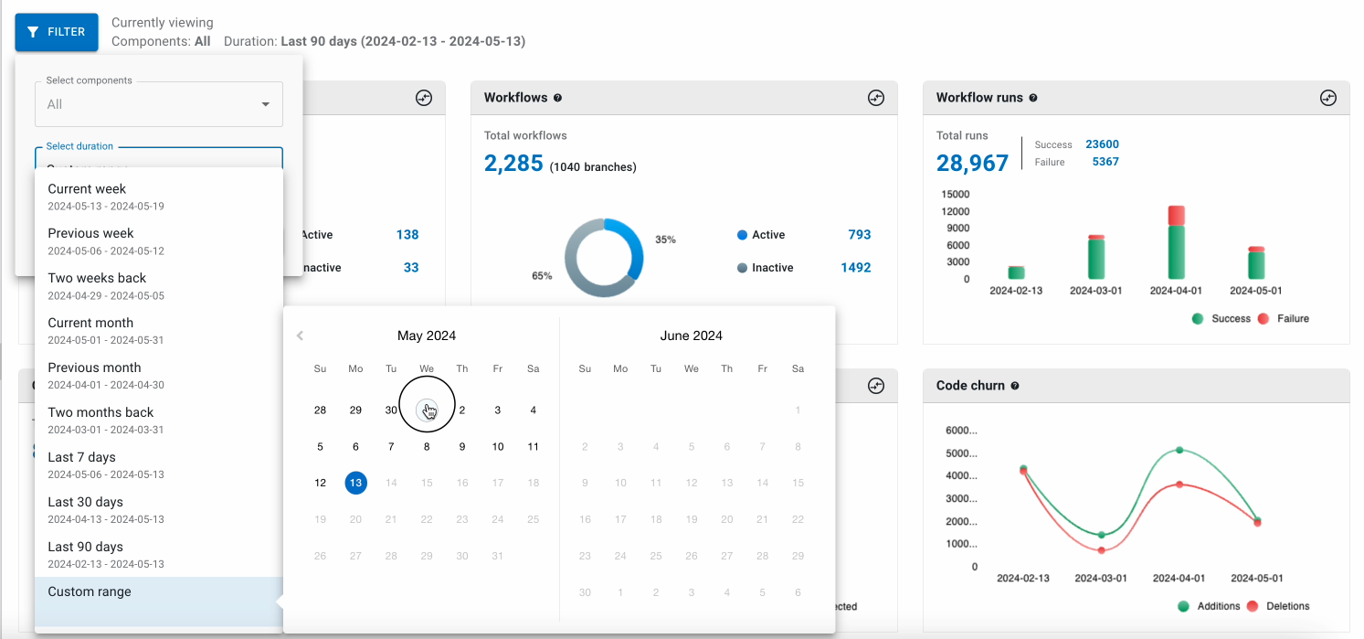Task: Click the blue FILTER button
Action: [x=56, y=32]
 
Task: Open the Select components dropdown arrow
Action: [x=266, y=104]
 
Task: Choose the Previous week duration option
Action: [x=91, y=240]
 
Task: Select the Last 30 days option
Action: [x=86, y=509]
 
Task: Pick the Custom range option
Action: [x=90, y=592]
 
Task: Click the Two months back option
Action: [x=100, y=420]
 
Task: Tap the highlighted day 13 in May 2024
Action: [x=356, y=483]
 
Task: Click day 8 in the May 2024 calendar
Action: [x=427, y=447]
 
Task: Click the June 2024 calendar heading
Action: [x=691, y=335]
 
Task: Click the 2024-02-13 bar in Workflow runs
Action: [x=1017, y=272]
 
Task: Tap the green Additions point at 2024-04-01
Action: [x=1179, y=450]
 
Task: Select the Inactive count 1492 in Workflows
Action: [x=855, y=268]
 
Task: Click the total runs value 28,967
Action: [x=972, y=164]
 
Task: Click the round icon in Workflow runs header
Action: [x=1328, y=98]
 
